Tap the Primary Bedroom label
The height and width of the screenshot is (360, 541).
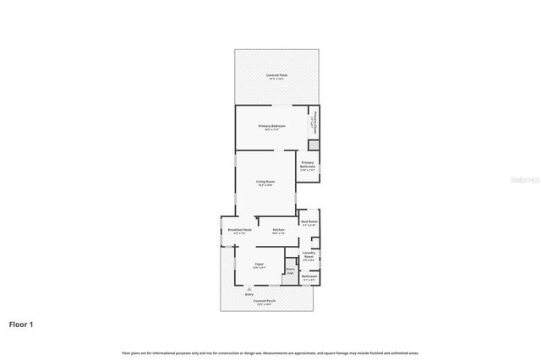pyautogui.click(x=271, y=126)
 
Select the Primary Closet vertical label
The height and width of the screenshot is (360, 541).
pyautogui.click(x=315, y=123)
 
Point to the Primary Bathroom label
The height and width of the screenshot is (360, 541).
pyautogui.click(x=308, y=164)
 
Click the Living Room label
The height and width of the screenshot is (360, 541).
pyautogui.click(x=265, y=182)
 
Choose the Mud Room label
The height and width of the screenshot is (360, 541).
pyautogui.click(x=309, y=222)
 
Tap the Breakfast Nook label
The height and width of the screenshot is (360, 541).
pyautogui.click(x=237, y=230)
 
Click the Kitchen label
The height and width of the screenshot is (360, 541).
pyautogui.click(x=277, y=230)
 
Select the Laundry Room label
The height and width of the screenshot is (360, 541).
pyautogui.click(x=309, y=255)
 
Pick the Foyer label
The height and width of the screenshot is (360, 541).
pyautogui.click(x=259, y=265)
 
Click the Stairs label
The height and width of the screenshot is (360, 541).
pyautogui.click(x=290, y=271)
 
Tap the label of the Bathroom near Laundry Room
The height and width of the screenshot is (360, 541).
pyautogui.click(x=309, y=276)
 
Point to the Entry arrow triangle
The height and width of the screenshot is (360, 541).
pyautogui.click(x=249, y=288)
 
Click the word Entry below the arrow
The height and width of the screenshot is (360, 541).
pyautogui.click(x=249, y=294)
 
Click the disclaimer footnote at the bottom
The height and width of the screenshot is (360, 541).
pyautogui.click(x=270, y=352)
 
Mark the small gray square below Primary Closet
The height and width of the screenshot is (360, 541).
pyautogui.click(x=313, y=145)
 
